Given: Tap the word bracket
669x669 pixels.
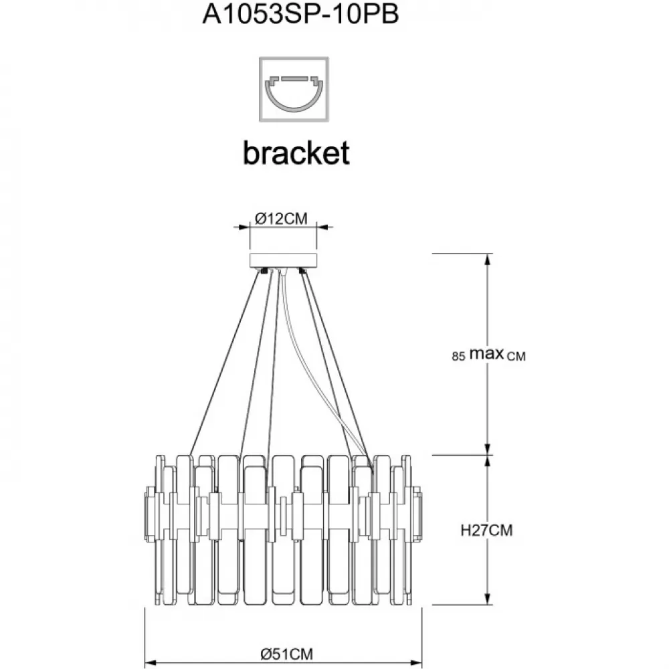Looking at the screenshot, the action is click(296, 153).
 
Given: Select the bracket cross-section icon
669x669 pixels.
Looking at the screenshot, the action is click(294, 90).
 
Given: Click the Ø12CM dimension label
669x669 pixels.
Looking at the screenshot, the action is click(281, 219).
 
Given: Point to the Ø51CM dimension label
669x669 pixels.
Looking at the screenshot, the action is click(287, 653).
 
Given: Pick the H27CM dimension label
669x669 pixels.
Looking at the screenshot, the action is click(486, 531).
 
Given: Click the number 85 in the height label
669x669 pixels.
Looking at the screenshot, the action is click(458, 356).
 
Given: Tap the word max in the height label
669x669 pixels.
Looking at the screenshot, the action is click(486, 354).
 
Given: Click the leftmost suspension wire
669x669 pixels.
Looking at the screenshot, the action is click(225, 363).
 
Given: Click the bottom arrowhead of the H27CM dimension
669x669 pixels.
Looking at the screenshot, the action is click(488, 599).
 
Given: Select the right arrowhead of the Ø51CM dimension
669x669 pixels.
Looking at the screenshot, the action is click(415, 663).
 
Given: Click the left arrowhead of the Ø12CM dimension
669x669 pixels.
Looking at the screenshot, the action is click(244, 227).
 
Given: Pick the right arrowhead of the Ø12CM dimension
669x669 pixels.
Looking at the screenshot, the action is click(322, 227).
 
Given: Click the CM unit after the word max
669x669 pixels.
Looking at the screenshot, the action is click(516, 357).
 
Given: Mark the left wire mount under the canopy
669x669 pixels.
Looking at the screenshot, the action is click(264, 271).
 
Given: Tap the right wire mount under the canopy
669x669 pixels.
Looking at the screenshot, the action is click(303, 271).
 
